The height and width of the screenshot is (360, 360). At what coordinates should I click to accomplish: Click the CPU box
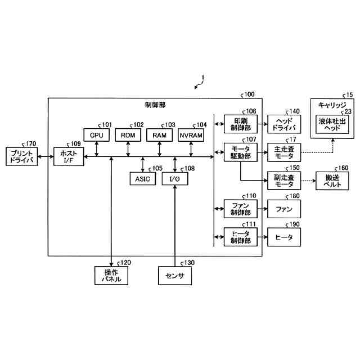97,135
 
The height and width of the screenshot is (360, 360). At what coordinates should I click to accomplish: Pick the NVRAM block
191,135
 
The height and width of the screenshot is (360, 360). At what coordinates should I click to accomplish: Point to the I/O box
175,178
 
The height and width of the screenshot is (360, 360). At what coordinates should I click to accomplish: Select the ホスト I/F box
68,155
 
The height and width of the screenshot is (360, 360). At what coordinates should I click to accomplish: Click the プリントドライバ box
21,156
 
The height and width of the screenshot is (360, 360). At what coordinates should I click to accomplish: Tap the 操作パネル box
111,276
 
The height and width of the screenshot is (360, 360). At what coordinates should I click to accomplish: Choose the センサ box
175,276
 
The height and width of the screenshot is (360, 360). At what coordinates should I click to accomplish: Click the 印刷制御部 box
240,124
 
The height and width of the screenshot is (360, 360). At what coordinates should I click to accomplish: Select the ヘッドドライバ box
283,124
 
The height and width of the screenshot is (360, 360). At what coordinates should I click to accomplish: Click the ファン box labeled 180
283,209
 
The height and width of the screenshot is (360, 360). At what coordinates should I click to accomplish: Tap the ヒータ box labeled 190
283,237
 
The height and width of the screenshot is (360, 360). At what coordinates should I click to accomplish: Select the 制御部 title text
155,105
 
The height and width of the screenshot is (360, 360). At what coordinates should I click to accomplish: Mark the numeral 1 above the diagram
204,78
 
